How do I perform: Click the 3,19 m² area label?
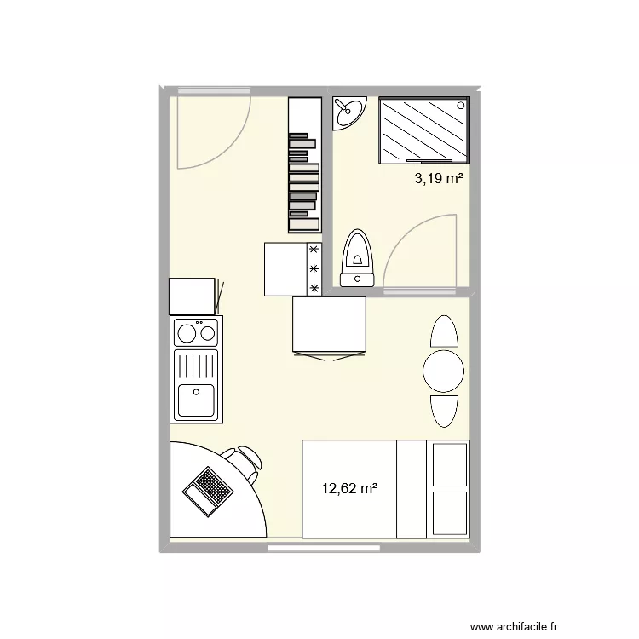pos(439,179)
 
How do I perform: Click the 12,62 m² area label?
pos(349,488)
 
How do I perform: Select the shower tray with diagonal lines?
pos(423,129)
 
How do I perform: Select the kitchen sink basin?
pos(196,399)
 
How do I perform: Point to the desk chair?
pos(246,463)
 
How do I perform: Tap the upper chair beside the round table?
pos(444,331)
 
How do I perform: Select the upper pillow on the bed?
pos(449,463)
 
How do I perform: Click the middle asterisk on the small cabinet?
pos(314,269)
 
